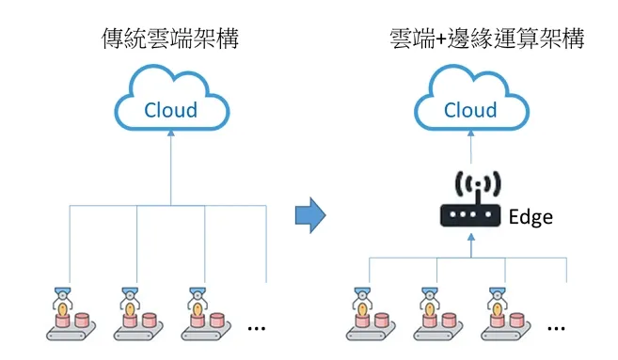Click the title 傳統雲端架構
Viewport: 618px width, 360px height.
coord(170,39)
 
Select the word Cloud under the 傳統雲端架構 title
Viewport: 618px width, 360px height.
coord(170,110)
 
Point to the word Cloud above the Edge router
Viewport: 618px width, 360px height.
coord(470,110)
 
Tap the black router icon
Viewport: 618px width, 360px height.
coord(469,215)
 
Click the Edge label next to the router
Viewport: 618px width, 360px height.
coord(531,217)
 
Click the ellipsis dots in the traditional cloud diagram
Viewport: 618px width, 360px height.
coord(256,328)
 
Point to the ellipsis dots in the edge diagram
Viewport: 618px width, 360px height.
coord(556,328)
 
